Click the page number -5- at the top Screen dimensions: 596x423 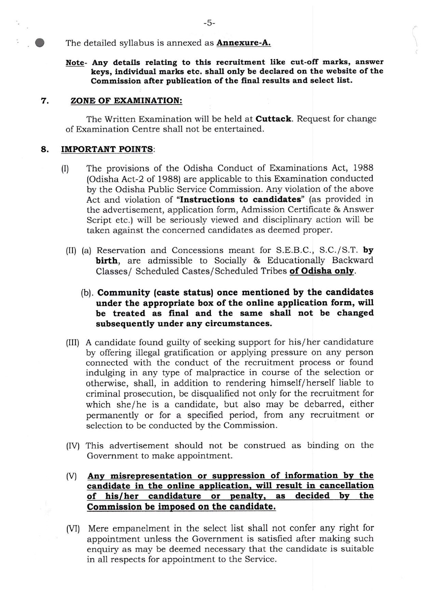(209, 23)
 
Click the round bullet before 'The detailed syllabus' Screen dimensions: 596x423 (40, 43)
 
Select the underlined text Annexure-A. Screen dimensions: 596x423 (244, 43)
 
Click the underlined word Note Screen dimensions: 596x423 (74, 63)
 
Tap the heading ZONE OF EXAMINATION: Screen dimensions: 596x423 (126, 101)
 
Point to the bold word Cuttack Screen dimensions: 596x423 (274, 119)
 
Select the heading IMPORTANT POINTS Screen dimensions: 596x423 (107, 149)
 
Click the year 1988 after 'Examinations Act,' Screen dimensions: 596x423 (363, 168)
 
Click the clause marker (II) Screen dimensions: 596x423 (71, 251)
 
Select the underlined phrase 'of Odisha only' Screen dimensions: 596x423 (322, 271)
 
